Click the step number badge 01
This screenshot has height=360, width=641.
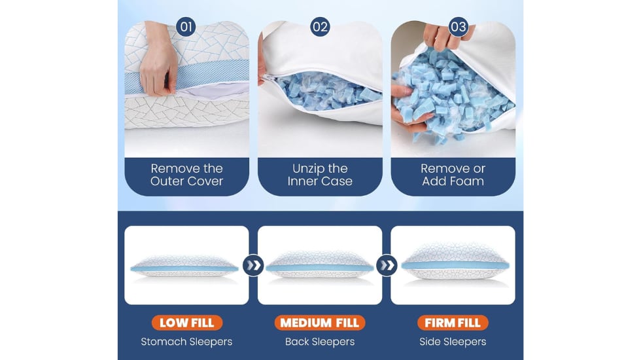coord(186,27)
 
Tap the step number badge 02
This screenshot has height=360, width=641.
coord(320,27)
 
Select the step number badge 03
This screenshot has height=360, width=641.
coord(458,27)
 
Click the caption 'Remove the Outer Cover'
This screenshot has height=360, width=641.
coord(187,175)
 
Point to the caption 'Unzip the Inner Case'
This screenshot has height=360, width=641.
coord(320,175)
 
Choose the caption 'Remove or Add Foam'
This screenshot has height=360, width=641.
coord(453,175)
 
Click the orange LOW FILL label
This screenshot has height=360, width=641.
coord(187,323)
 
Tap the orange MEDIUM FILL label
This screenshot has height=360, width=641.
coord(320,323)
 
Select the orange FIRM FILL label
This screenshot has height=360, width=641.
coord(453,323)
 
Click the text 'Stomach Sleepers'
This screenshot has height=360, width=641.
coord(186,342)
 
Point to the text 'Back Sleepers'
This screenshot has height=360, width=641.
coord(320,342)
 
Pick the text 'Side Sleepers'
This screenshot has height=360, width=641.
coord(453,342)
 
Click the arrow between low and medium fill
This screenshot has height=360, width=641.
coord(254,266)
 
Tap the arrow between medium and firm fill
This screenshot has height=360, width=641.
coord(387,266)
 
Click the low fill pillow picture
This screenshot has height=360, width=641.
coord(184,267)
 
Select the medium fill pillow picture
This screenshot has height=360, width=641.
coord(320,265)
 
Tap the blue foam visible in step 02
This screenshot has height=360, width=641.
coord(327,92)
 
